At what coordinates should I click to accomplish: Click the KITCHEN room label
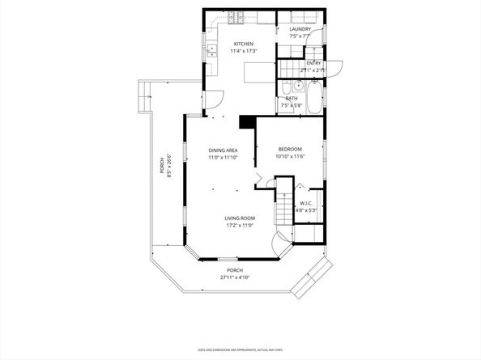244,44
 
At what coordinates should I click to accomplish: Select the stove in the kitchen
237,18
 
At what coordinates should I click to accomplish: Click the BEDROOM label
290,149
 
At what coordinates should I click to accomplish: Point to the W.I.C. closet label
306,203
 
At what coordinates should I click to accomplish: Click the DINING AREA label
223,150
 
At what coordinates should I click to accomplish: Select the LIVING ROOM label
240,218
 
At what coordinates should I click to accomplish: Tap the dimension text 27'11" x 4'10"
235,277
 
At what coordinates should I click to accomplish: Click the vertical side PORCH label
162,166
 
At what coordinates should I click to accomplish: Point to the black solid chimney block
247,121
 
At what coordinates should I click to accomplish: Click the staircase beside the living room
283,210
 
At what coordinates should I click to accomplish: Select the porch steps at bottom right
311,281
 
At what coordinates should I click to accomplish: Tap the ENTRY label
313,63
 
